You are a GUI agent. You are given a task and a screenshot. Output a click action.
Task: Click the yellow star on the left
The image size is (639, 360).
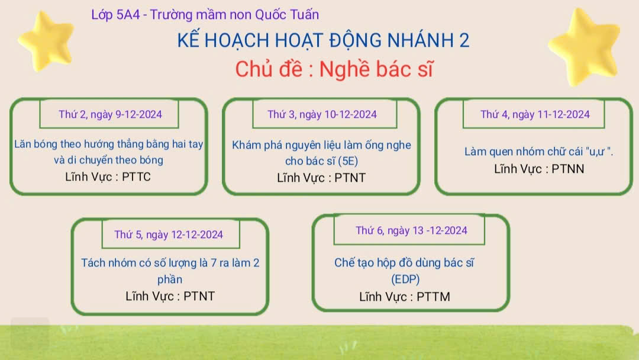point(46,41)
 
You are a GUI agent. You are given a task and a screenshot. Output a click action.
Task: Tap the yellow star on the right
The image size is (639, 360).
point(584,47)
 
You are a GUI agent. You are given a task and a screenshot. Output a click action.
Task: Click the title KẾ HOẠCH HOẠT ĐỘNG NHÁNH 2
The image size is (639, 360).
point(323,40)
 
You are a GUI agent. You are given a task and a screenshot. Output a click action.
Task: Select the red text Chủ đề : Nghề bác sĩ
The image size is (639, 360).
point(334,69)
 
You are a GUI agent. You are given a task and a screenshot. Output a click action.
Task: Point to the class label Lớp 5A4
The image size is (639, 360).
point(115,15)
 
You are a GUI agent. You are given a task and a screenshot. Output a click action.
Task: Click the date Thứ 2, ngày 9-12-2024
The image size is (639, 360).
point(110,114)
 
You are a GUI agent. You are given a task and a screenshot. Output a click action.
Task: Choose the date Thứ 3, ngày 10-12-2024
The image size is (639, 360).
point(322,114)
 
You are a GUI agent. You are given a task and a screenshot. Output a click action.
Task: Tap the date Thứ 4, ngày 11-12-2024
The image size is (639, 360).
point(535,114)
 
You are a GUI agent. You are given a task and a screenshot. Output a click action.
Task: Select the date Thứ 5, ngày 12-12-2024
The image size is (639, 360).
point(168,234)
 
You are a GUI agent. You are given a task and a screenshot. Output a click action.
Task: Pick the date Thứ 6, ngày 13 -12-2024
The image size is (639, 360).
point(411,230)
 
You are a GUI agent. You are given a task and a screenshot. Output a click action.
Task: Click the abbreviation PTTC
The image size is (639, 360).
point(136,177)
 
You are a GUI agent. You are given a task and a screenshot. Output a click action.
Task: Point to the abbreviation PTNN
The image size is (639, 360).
point(567,169)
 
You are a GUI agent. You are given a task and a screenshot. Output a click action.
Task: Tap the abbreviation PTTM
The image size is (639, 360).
point(433,297)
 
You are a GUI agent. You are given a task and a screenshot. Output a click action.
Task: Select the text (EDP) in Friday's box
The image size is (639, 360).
point(405,279)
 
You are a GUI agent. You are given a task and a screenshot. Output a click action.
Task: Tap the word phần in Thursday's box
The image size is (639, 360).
point(170,279)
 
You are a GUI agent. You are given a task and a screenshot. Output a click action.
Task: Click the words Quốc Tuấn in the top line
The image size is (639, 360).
point(287,15)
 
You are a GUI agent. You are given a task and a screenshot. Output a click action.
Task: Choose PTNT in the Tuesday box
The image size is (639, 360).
point(350,178)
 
